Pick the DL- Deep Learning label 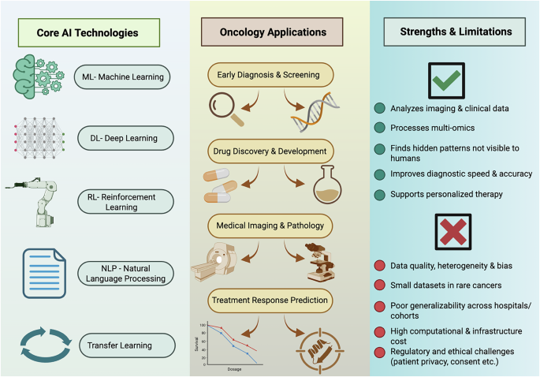click(129, 138)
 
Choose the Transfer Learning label click(127, 344)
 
